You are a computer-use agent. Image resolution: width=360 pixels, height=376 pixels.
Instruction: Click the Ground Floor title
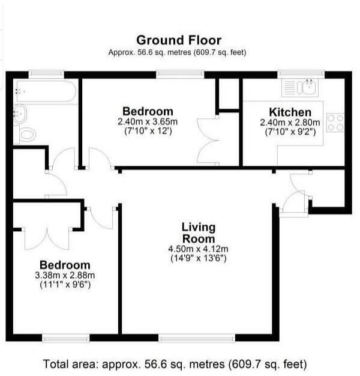179,40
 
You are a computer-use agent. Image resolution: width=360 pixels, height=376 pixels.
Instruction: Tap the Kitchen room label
290,112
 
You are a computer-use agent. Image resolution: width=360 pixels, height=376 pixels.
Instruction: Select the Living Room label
199,232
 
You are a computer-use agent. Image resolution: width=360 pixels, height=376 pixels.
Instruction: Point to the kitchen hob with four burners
335,123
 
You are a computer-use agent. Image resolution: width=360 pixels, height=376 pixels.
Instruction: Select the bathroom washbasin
20,111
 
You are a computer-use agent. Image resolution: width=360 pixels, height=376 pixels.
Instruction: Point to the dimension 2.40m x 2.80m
290,123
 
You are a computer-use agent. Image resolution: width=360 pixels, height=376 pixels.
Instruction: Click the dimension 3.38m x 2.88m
65,276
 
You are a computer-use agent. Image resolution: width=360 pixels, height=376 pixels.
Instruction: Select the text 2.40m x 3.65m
148,121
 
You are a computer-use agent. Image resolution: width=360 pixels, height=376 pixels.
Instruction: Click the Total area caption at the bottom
175,364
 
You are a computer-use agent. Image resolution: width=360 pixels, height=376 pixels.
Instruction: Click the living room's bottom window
197,338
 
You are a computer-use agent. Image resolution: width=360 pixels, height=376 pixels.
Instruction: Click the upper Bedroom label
148,111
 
